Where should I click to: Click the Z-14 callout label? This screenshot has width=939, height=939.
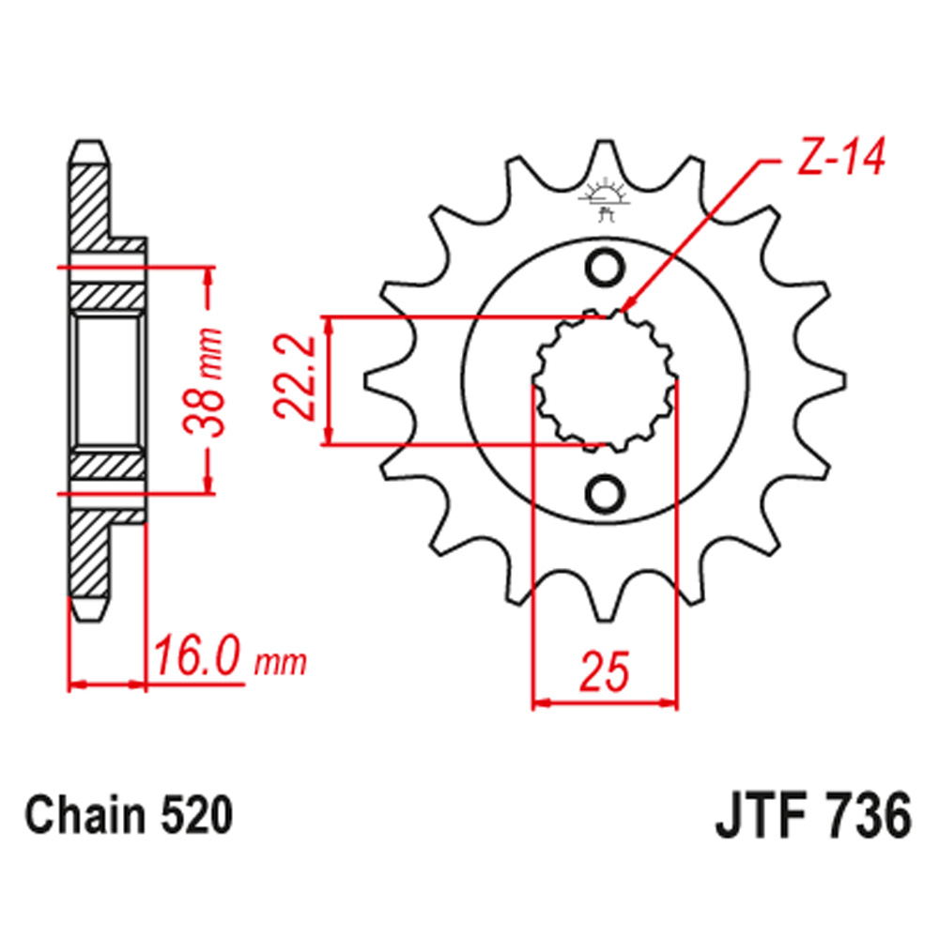point(841,160)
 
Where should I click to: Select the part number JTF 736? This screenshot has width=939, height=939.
point(813,816)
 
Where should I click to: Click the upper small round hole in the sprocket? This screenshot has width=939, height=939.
point(604,267)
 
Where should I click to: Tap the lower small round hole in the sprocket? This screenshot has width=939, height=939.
point(604,492)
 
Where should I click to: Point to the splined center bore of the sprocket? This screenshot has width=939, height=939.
point(604,380)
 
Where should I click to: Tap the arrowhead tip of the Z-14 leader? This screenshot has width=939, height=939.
point(625,307)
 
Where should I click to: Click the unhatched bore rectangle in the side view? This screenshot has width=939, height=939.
point(108,380)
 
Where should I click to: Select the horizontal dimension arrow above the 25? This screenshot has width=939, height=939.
point(604,700)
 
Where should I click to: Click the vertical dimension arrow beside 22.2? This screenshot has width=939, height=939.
point(329,380)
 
